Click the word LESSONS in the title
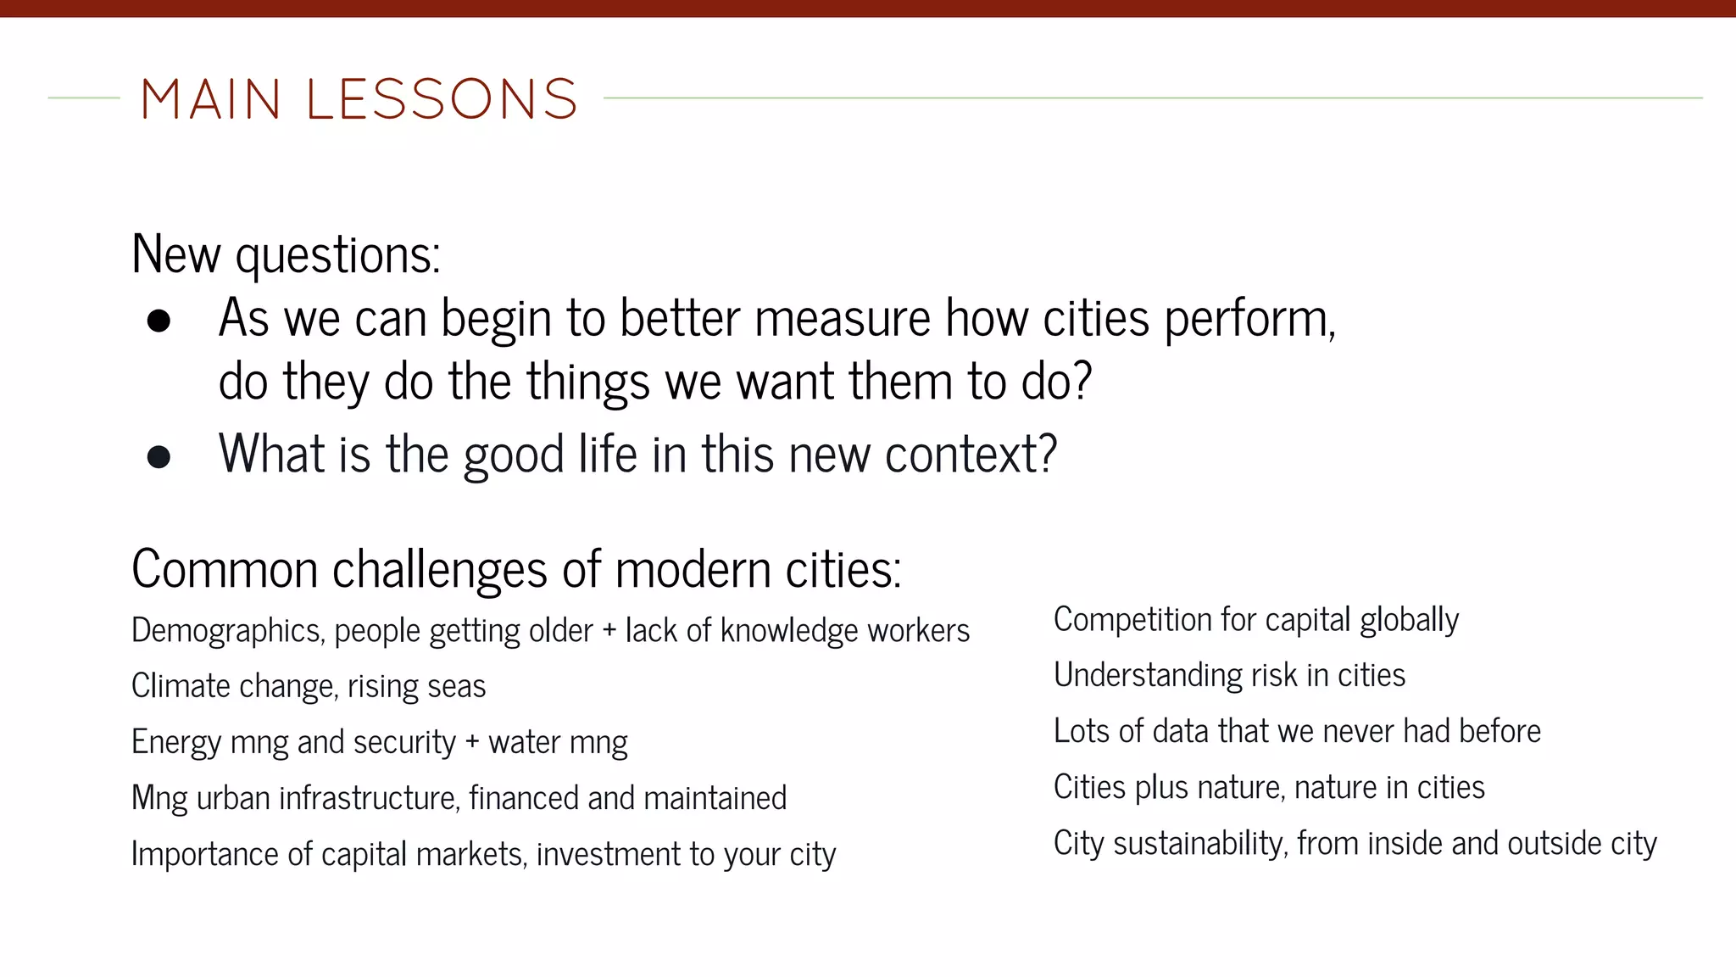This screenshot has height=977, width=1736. pyautogui.click(x=442, y=99)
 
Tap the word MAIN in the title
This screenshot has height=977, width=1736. pyautogui.click(x=210, y=99)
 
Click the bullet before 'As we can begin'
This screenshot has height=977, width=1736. pyautogui.click(x=159, y=321)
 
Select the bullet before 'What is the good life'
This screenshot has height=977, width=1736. pyautogui.click(x=159, y=457)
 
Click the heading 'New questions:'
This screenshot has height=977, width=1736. pyautogui.click(x=286, y=254)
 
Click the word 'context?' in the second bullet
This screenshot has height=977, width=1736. pyautogui.click(x=971, y=455)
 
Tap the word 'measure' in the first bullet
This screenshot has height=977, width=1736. pyautogui.click(x=843, y=319)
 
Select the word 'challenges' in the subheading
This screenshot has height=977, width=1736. pyautogui.click(x=439, y=570)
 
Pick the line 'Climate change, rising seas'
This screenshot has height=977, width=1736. pyautogui.click(x=309, y=686)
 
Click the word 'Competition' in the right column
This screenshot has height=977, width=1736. pyautogui.click(x=1132, y=620)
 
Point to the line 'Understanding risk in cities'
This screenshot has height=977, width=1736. pyautogui.click(x=1229, y=676)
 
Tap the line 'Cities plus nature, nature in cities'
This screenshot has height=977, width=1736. pyautogui.click(x=1269, y=788)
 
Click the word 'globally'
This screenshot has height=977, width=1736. pyautogui.click(x=1409, y=620)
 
